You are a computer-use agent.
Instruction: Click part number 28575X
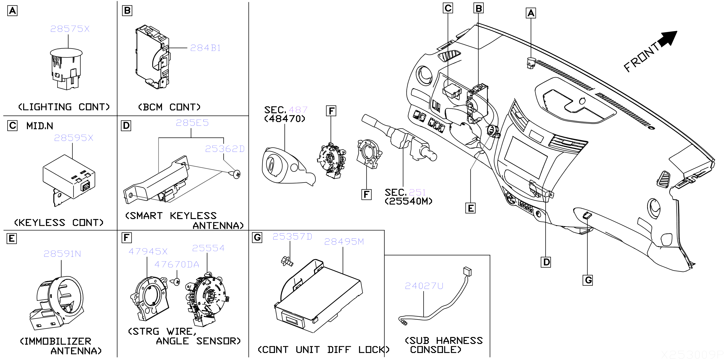(x=70, y=29)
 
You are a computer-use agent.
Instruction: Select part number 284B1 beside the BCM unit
(x=205, y=48)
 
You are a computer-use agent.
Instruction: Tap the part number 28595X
(x=73, y=138)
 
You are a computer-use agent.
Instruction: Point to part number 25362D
(x=225, y=149)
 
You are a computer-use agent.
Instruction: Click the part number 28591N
(x=62, y=254)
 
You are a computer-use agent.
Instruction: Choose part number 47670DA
(x=177, y=264)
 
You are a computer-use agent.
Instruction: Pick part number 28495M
(x=344, y=242)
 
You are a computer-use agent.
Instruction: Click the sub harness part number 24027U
(x=424, y=286)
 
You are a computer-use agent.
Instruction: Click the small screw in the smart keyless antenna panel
(x=236, y=174)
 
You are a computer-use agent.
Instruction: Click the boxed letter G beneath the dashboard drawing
(x=588, y=280)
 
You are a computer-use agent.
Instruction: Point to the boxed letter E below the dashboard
(x=470, y=208)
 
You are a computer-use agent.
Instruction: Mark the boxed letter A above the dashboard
(x=531, y=13)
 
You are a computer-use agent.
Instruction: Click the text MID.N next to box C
(x=40, y=126)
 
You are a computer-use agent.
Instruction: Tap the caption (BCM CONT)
(x=169, y=107)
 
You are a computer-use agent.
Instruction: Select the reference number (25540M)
(x=408, y=201)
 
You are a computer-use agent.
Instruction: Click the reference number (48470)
(x=284, y=119)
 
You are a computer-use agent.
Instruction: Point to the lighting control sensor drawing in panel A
(x=66, y=69)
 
